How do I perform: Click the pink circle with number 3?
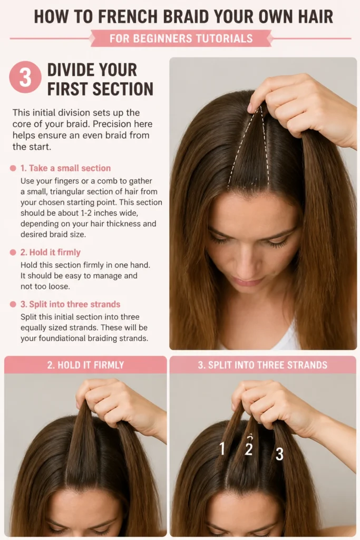click(25, 77)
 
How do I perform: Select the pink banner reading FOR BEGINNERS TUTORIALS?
click(181, 38)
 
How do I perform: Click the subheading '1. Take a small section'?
click(65, 168)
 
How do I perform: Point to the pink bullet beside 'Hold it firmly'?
click(13, 253)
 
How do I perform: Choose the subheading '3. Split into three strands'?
click(70, 304)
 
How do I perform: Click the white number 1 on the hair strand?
click(222, 448)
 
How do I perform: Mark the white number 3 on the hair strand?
click(279, 454)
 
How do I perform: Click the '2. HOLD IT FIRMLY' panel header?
click(85, 365)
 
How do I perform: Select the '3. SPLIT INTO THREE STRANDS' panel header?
click(262, 365)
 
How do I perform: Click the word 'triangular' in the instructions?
click(67, 191)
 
